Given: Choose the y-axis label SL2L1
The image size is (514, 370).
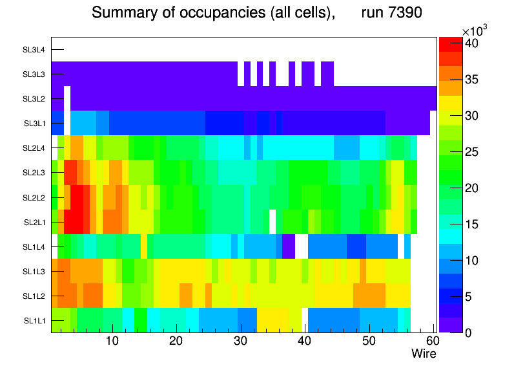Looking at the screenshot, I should (x=34, y=222).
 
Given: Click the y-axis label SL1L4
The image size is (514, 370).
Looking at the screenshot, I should (x=34, y=246).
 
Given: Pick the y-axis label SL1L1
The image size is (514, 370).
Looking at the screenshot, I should (x=34, y=320).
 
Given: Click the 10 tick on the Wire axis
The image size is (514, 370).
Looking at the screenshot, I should (x=112, y=341).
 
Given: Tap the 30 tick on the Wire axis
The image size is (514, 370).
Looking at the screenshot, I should (x=240, y=341).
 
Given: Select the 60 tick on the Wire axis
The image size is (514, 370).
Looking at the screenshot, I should (x=432, y=341).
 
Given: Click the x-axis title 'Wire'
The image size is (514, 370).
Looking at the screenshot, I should (x=424, y=354).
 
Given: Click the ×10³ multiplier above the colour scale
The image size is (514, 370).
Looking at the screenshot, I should (x=475, y=32).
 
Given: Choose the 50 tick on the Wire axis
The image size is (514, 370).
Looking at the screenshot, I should (x=368, y=341).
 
